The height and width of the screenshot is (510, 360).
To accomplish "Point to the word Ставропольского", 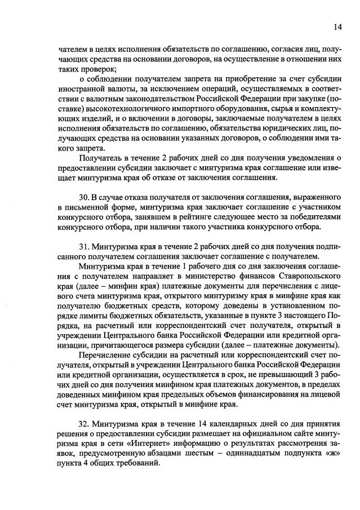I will coord(309,277).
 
